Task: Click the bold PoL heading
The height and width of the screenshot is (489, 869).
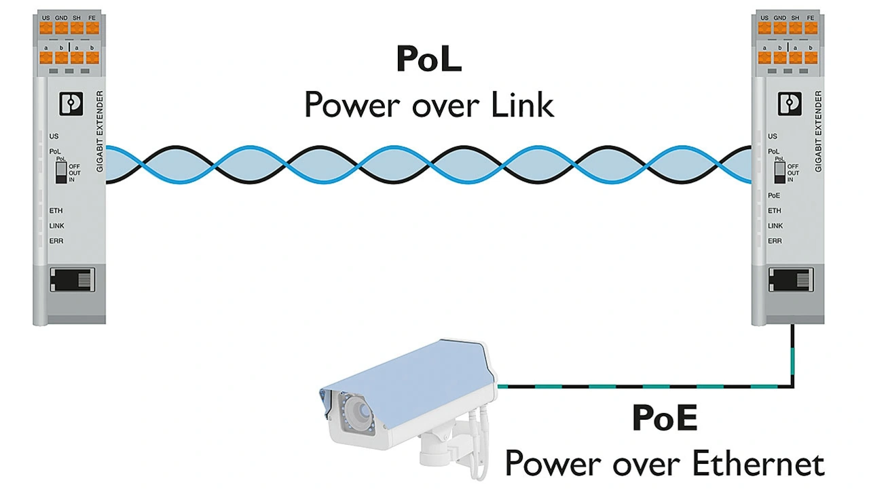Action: coord(429,60)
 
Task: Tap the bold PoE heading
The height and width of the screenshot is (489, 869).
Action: coord(665,418)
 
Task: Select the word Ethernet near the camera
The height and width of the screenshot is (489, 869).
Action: coord(758,464)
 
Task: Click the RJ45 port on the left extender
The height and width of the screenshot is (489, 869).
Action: coord(71,279)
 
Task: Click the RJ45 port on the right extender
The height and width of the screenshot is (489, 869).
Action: coord(790,279)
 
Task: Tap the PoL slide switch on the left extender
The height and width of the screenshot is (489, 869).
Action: coord(61,173)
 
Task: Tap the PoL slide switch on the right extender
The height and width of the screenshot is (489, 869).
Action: coord(779,173)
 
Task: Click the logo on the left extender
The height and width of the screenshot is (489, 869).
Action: coord(71,104)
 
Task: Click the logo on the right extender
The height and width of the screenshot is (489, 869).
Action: coord(790,104)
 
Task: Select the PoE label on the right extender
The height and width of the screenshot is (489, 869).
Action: coord(774,195)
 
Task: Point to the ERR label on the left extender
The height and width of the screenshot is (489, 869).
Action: coord(56,241)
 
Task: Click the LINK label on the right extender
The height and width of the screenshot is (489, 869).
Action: coord(775,226)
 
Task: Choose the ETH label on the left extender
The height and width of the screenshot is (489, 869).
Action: coord(56,211)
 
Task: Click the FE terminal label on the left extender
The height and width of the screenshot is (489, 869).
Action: coord(92,17)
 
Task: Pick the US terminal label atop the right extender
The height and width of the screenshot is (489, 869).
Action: coord(765,17)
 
